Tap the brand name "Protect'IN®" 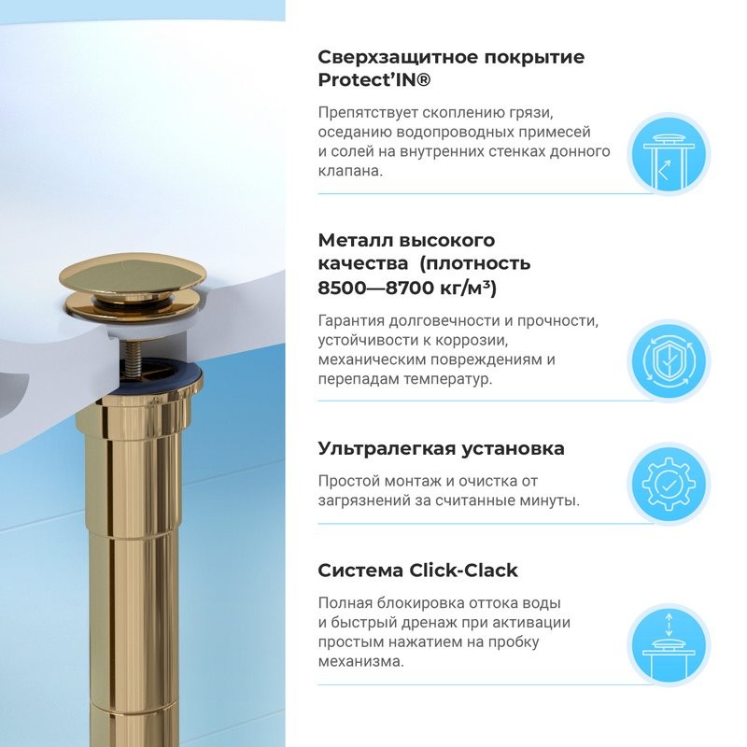pyautogui.click(x=374, y=81)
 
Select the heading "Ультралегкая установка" pyautogui.click(x=441, y=448)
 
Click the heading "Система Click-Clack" pyautogui.click(x=417, y=571)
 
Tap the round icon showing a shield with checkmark pyautogui.click(x=669, y=360)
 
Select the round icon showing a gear pyautogui.click(x=669, y=484)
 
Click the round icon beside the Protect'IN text pyautogui.click(x=669, y=155)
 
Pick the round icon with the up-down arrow pyautogui.click(x=669, y=643)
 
